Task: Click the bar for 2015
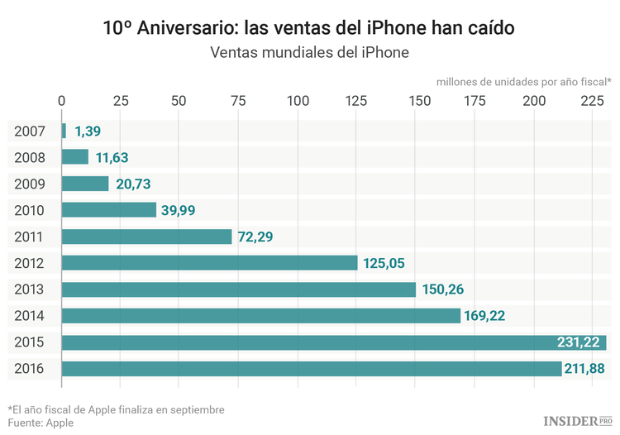[333, 342]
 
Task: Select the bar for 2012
[209, 263]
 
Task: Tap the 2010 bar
[108, 210]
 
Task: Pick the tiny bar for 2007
[64, 131]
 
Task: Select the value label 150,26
[445, 289]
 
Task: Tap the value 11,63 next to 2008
[111, 157]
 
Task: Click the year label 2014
[30, 316]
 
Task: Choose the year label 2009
[30, 184]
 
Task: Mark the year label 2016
[30, 369]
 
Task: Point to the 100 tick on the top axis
[298, 101]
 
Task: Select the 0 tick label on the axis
[62, 101]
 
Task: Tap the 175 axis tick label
[475, 101]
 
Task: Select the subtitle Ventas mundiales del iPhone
[310, 53]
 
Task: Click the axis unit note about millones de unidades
[523, 81]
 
